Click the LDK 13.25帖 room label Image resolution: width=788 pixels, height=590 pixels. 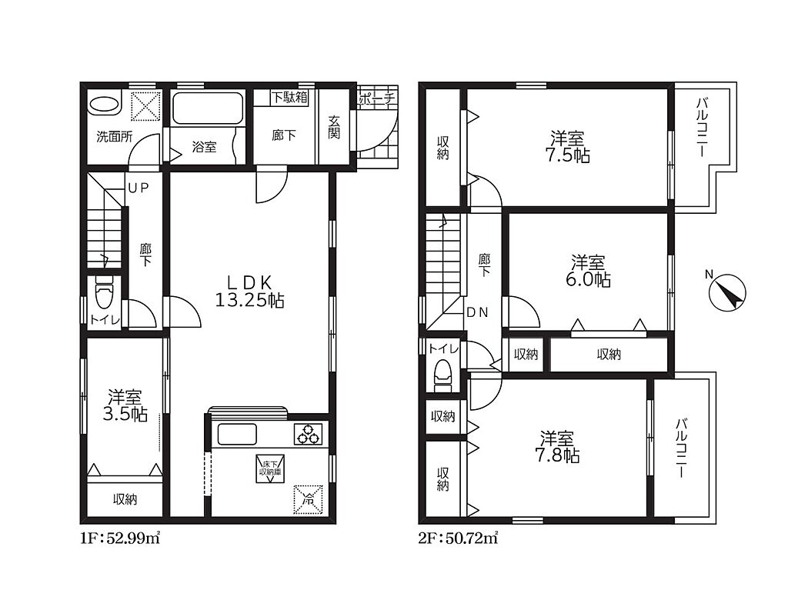click(x=250, y=291)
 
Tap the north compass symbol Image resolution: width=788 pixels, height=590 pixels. click(x=727, y=292)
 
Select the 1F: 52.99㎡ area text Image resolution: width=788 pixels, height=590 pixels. click(x=119, y=538)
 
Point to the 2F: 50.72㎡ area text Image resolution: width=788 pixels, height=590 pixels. click(x=458, y=538)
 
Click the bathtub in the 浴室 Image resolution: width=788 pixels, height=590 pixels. click(x=208, y=108)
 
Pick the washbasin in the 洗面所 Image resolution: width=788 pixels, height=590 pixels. click(x=105, y=105)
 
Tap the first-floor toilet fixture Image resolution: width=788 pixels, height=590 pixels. click(x=104, y=292)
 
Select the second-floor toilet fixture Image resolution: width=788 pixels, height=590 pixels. click(x=443, y=375)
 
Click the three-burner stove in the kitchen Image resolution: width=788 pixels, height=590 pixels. click(x=308, y=434)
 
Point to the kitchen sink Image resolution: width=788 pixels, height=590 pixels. click(x=236, y=434)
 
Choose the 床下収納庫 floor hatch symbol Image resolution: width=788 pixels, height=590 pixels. click(x=270, y=469)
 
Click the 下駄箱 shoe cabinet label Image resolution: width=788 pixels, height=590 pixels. click(x=289, y=97)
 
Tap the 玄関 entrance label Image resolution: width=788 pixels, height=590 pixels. click(x=334, y=127)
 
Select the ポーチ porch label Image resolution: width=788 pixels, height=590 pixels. click(x=377, y=98)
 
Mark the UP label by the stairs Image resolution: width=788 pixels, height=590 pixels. click(x=139, y=188)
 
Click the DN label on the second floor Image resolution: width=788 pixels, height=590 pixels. click(x=477, y=312)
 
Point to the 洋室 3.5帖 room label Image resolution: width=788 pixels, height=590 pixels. click(x=125, y=406)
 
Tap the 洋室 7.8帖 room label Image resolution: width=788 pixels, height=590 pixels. click(x=557, y=447)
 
